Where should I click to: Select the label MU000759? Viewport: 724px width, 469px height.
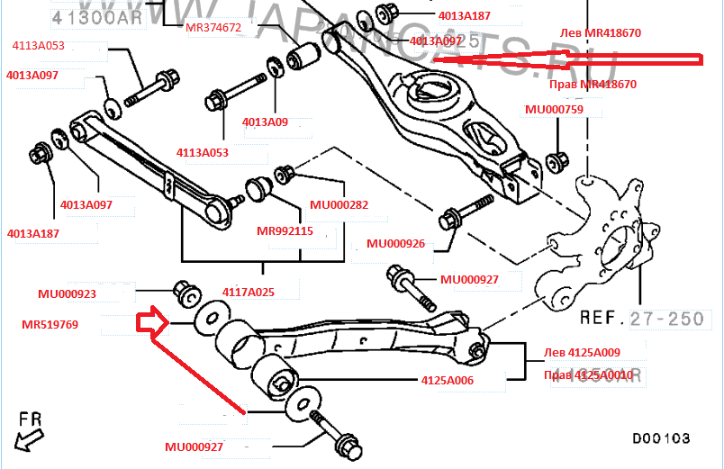click(x=554, y=110)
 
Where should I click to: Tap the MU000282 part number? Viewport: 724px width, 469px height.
click(x=339, y=204)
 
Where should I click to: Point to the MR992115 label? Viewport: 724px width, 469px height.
click(x=285, y=230)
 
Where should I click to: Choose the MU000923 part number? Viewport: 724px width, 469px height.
click(x=67, y=293)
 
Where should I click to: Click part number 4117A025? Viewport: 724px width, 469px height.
click(x=248, y=292)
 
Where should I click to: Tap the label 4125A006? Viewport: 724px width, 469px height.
click(x=447, y=381)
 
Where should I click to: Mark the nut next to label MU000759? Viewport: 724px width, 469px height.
click(x=556, y=162)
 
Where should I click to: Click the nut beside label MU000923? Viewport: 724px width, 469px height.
click(x=186, y=292)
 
